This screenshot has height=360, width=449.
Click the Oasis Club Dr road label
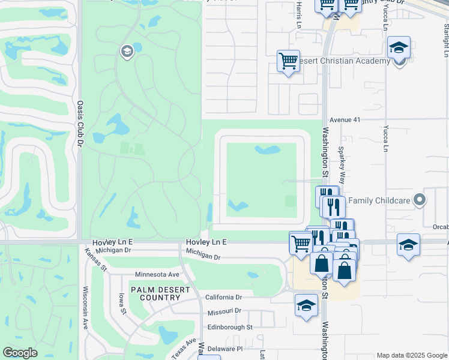coord(79,123)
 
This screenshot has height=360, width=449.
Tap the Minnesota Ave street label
coord(157,274)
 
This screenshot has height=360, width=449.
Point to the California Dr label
coord(223,297)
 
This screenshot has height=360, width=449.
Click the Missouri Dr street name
coord(224,311)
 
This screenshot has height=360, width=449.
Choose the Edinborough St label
coord(230,327)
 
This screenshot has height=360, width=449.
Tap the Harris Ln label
coord(298,15)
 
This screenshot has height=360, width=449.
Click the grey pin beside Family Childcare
coord(420,199)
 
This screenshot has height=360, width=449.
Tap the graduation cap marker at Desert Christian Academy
coord(399,47)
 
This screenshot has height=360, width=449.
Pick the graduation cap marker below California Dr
coord(306,305)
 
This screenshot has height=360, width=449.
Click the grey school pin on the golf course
coord(127,52)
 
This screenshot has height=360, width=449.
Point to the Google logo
coord(20,353)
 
